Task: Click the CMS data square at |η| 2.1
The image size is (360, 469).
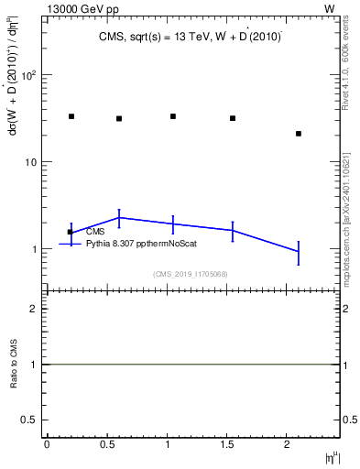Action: (299, 134)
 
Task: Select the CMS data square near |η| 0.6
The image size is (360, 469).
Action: (119, 118)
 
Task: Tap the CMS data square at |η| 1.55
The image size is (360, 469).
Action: (233, 118)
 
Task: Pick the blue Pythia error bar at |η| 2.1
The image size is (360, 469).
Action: (299, 251)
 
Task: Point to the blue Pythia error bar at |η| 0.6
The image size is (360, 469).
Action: (119, 217)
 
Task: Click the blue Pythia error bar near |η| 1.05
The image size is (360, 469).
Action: (173, 224)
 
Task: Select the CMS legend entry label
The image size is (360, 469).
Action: (96, 232)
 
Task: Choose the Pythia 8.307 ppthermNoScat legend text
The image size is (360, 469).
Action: (141, 244)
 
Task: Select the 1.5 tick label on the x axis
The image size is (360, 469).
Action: (228, 444)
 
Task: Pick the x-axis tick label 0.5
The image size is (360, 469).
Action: (107, 444)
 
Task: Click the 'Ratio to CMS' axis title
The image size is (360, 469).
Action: (13, 365)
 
